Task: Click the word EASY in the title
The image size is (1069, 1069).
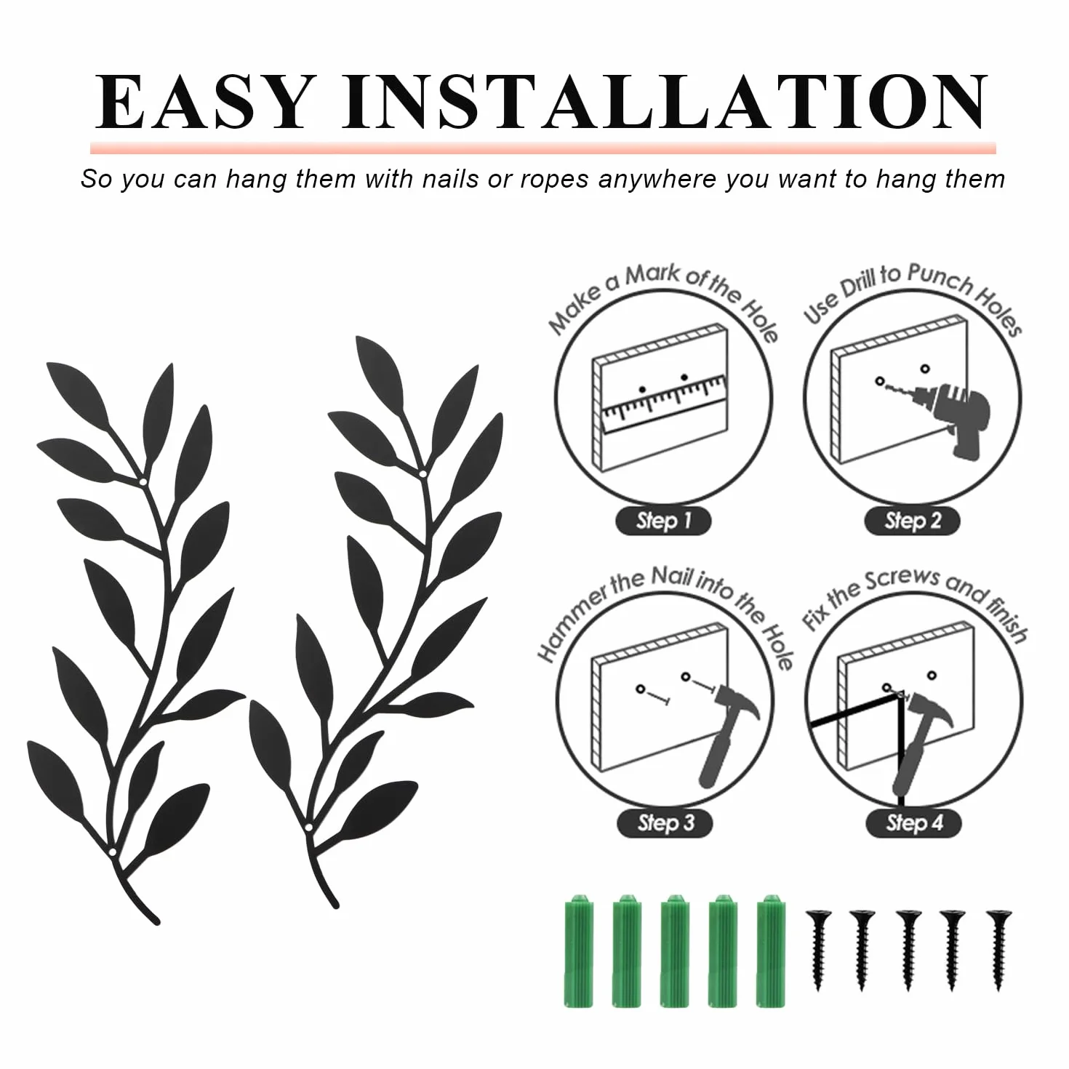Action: point(202,102)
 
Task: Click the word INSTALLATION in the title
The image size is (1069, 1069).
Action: point(665,102)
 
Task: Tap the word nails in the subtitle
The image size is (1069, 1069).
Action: point(450,179)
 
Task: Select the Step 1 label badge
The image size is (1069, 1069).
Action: point(663,521)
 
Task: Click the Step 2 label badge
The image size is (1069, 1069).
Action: point(912,521)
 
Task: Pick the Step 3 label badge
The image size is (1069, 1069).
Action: point(665,822)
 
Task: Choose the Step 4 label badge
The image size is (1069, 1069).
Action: point(913,822)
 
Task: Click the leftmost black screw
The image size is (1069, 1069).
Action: point(817,950)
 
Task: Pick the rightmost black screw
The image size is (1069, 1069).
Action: point(998,950)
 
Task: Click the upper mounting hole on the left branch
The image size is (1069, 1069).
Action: point(143,482)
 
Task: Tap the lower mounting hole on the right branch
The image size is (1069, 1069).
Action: point(308,844)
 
